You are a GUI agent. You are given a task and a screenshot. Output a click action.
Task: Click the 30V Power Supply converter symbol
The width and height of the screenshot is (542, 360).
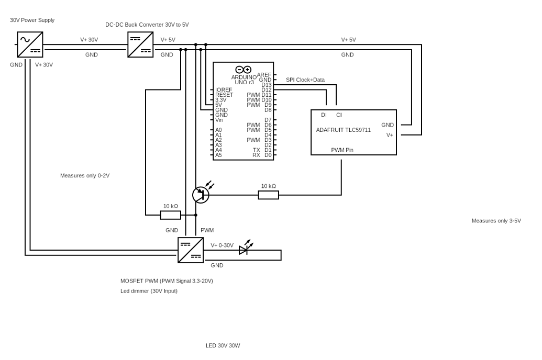30,44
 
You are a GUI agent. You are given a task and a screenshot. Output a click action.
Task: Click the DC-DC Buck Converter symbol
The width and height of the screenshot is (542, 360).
140,44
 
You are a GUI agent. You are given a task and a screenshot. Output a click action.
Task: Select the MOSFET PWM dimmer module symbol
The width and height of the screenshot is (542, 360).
191,250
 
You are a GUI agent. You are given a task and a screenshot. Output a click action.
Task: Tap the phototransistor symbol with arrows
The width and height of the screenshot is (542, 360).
201,195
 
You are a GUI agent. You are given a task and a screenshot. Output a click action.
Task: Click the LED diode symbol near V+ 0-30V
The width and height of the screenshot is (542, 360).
244,250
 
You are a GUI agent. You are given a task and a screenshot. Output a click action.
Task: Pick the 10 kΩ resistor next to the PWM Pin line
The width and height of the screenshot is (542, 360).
268,195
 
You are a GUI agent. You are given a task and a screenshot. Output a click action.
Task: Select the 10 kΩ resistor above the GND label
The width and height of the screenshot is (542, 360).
170,215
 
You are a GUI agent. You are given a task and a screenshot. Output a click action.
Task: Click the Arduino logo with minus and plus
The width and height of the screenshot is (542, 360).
243,70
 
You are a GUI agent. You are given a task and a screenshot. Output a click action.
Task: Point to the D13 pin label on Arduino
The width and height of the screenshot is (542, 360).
267,85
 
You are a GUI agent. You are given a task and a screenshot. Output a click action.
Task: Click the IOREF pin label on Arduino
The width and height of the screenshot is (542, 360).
224,90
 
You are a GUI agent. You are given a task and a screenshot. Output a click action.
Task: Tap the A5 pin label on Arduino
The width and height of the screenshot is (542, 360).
218,155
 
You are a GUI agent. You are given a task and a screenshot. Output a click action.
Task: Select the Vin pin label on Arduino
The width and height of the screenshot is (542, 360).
219,120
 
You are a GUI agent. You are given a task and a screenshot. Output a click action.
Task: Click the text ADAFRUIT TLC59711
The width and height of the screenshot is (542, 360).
343,130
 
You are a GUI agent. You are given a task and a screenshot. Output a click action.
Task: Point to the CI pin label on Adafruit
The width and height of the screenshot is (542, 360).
339,115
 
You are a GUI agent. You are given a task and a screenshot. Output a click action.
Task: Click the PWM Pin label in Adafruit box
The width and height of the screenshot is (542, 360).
342,150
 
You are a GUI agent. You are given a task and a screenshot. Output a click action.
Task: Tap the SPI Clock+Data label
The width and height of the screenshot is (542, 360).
305,80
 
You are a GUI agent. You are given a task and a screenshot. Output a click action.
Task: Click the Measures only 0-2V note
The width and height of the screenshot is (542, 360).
85,176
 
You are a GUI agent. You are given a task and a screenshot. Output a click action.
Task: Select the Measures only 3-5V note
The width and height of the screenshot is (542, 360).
496,221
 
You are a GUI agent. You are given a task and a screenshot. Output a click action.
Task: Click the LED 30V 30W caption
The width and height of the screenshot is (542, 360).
223,346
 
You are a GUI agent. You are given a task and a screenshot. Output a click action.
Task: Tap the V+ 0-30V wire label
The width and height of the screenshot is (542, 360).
222,245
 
